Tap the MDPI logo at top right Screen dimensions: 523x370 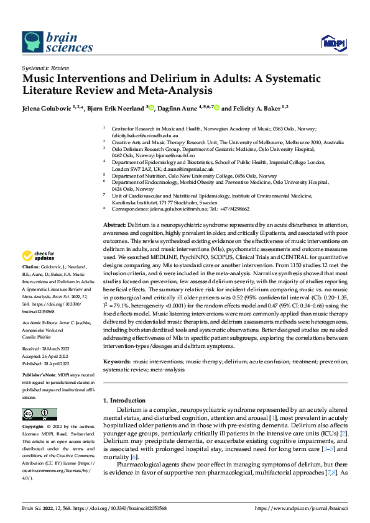pyautogui.click(x=332, y=42)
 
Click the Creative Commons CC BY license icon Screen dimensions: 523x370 pyautogui.click(x=39, y=414)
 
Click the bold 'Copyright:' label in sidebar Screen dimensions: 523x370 pyautogui.click(x=34, y=427)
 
